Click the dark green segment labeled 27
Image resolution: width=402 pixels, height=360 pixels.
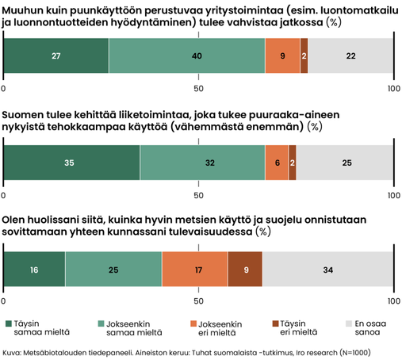pyautogui.click(x=56, y=56)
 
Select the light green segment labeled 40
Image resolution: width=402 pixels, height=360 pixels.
pyautogui.click(x=187, y=56)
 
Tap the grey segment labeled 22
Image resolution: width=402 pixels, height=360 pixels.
pyautogui.click(x=350, y=56)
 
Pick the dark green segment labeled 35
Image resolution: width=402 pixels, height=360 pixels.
pyautogui.click(x=71, y=163)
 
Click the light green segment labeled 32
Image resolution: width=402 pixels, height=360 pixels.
pyautogui.click(x=203, y=163)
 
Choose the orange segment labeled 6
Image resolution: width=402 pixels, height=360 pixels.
pyautogui.click(x=277, y=163)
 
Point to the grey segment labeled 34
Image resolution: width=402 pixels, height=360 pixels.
pyautogui.click(x=328, y=269)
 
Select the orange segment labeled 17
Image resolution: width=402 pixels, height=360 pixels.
pyautogui.click(x=195, y=269)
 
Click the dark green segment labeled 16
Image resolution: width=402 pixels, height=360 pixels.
pyautogui.click(x=34, y=269)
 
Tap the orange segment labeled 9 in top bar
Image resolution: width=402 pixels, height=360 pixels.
pyautogui.click(x=283, y=56)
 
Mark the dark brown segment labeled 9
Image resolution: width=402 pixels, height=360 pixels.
pyautogui.click(x=245, y=269)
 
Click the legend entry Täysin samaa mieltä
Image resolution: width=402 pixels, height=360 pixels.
pyautogui.click(x=38, y=327)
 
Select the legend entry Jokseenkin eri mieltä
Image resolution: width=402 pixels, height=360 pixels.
pyautogui.click(x=216, y=328)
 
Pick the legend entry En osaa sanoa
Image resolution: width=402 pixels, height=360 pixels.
pyautogui.click(x=366, y=327)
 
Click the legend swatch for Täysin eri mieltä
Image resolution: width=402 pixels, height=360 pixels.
pyautogui.click(x=275, y=324)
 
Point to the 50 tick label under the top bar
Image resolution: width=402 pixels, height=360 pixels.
pyautogui.click(x=198, y=88)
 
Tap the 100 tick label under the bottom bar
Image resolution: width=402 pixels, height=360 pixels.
pyautogui.click(x=394, y=301)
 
